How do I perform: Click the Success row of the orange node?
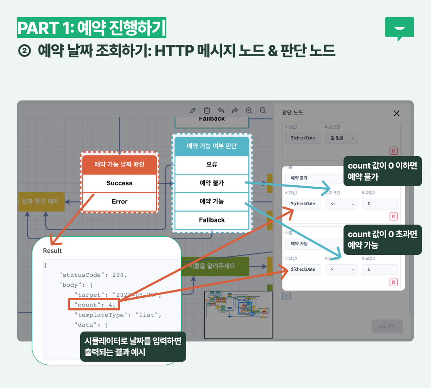119,183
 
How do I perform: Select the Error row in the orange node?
119,202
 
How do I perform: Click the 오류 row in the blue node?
212,164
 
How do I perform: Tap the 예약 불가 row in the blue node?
212,183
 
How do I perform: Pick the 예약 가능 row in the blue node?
212,201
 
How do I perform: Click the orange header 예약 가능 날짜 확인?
119,164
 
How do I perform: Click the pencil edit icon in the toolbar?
193,110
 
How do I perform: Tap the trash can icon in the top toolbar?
207,110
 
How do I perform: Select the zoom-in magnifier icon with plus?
249,110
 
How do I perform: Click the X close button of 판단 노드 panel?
397,113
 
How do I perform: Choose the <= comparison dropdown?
341,203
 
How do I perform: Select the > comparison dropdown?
341,269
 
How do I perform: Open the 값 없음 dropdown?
341,138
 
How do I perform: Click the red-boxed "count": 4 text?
93,305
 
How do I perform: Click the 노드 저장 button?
387,326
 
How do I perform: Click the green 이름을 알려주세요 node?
214,266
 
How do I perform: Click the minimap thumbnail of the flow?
238,314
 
